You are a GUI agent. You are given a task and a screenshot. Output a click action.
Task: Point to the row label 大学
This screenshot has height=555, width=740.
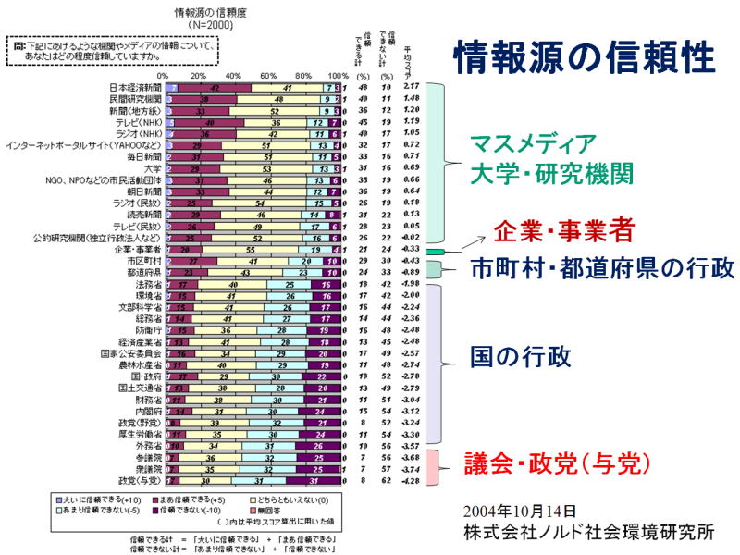pos(152,168)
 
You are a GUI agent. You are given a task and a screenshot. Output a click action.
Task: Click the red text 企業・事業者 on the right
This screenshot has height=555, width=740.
pos(563,229)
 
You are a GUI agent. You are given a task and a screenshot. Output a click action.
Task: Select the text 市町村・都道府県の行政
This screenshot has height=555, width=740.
pos(602,268)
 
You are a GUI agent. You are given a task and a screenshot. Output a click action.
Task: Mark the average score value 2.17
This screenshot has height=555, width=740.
pos(412,87)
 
